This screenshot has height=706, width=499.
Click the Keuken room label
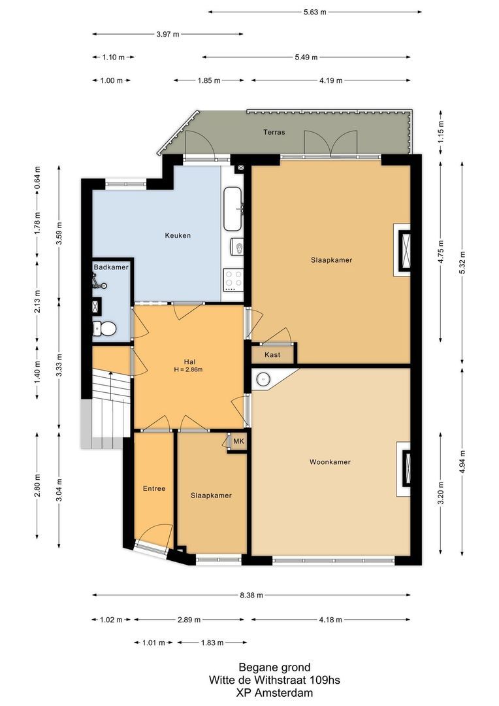(x=178, y=235)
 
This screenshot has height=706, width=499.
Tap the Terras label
(x=274, y=132)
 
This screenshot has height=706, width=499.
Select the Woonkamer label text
(x=330, y=462)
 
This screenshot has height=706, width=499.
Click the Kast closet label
(x=273, y=354)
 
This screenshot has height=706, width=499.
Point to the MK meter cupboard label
(x=238, y=442)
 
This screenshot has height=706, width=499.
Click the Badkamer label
(x=111, y=267)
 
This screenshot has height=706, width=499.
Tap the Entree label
(x=154, y=488)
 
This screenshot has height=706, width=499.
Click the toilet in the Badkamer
(x=106, y=328)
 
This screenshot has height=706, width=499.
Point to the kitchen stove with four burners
(x=234, y=280)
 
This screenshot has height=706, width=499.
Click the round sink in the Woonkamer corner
(x=263, y=378)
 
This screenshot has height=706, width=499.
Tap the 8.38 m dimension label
(x=251, y=596)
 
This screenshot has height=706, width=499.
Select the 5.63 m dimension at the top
(x=315, y=12)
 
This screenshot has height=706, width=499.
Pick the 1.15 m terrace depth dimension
(x=441, y=133)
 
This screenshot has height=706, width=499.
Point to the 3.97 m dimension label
(x=168, y=34)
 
